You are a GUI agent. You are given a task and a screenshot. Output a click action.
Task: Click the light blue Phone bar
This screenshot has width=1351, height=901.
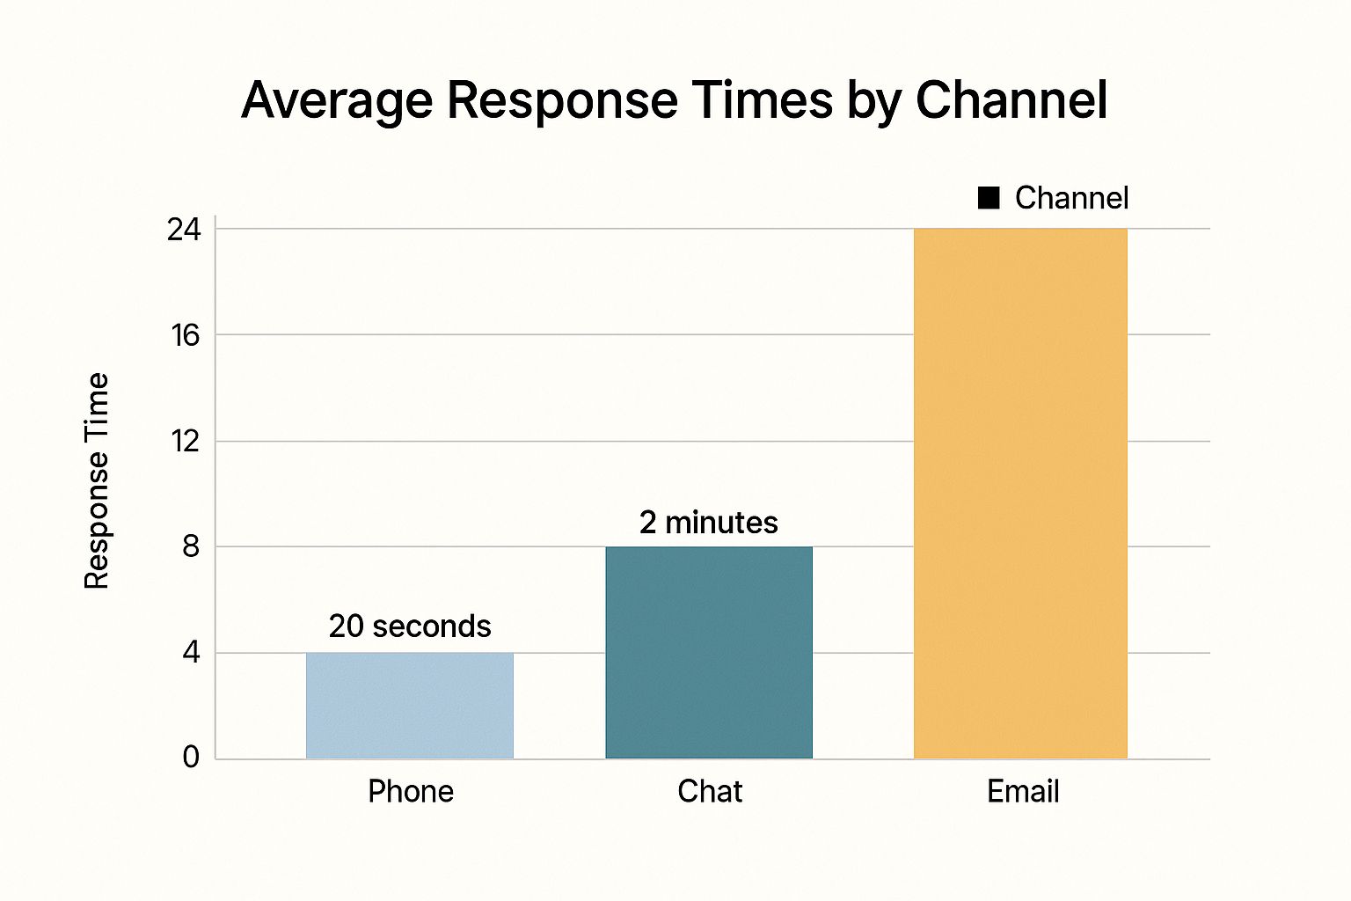click(410, 705)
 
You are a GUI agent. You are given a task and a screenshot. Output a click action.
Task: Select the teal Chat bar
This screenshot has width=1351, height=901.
click(709, 652)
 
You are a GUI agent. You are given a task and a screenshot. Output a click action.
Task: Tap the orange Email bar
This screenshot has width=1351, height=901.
click(1020, 493)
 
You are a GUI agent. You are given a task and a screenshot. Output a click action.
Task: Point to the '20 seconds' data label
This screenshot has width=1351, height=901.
click(410, 626)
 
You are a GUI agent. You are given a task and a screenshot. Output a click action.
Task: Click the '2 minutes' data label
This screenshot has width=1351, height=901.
click(709, 523)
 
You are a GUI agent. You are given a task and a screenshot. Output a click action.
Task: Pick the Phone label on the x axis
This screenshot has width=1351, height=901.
click(411, 792)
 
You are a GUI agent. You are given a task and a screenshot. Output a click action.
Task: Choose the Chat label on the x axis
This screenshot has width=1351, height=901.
click(710, 792)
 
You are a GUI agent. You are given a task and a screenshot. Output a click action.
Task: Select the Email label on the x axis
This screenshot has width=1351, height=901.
click(1023, 792)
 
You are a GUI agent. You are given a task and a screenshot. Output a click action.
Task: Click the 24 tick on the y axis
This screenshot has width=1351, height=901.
click(185, 230)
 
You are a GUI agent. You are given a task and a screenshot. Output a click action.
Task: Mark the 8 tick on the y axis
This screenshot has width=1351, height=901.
click(191, 546)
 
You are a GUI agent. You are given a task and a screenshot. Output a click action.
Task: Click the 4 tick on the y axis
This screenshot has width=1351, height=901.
click(191, 653)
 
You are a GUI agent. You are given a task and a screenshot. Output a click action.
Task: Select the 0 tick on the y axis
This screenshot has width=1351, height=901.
click(191, 757)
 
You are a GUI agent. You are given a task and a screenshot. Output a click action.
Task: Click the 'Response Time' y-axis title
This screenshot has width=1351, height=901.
click(97, 480)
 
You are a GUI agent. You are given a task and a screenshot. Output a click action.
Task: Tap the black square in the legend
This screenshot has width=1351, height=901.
click(989, 199)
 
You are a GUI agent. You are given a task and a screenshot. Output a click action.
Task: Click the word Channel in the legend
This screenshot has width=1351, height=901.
click(1071, 199)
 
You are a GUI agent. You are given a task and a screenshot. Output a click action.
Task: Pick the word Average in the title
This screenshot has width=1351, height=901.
click(337, 100)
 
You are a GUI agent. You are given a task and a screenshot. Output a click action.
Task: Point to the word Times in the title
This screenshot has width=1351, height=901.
click(762, 100)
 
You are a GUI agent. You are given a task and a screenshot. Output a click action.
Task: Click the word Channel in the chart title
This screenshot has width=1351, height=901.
click(1011, 100)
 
